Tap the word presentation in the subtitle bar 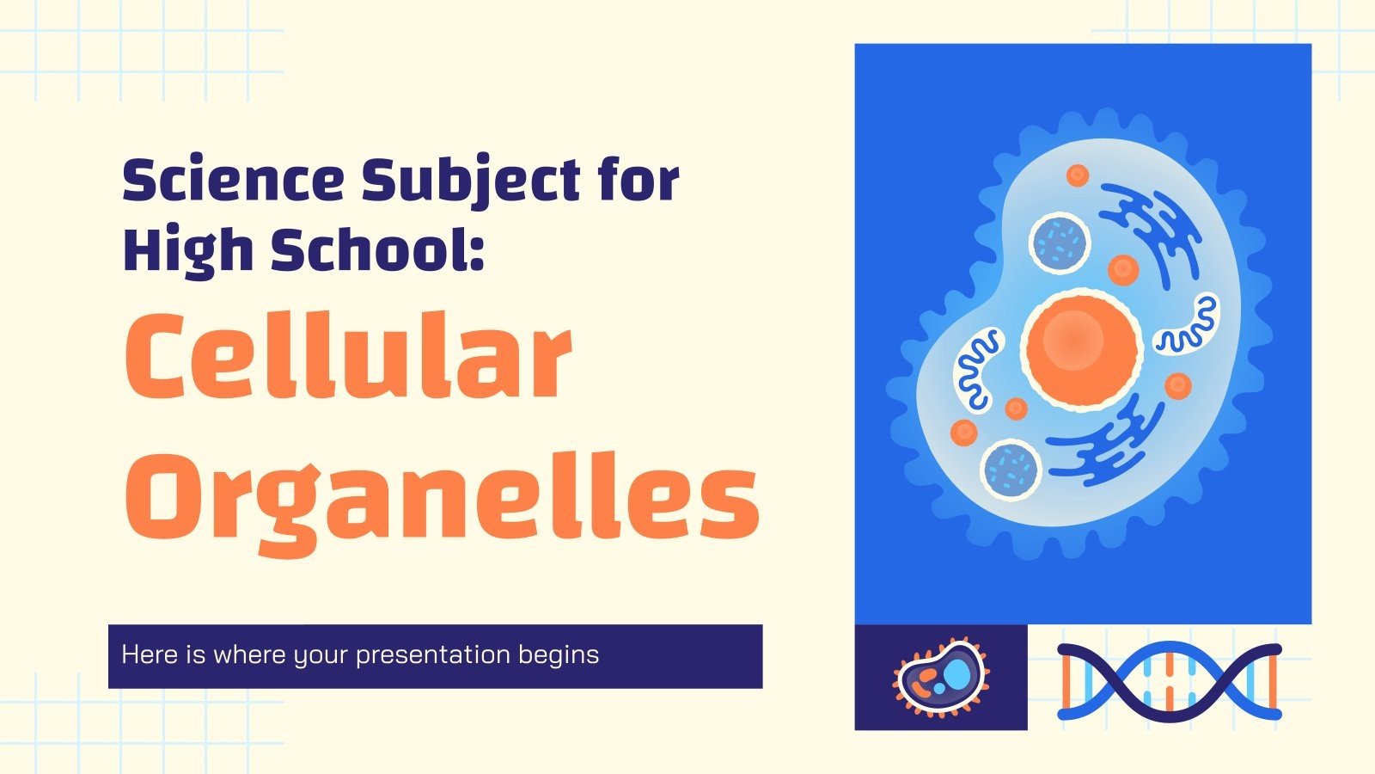point(433,655)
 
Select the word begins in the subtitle point(559,655)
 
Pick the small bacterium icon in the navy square point(940,678)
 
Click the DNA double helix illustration point(1169,680)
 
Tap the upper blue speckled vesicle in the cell point(1060,241)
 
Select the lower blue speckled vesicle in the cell point(1011,467)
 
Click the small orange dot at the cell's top point(1077,175)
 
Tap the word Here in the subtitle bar point(150,655)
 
